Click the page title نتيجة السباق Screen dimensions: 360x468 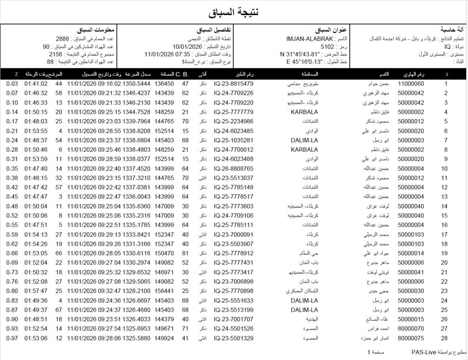click(x=234, y=12)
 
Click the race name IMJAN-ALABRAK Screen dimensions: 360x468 click(x=310, y=39)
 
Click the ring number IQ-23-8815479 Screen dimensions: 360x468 click(x=234, y=84)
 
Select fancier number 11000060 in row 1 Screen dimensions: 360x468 click(x=411, y=84)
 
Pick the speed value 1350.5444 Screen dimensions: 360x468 click(x=136, y=84)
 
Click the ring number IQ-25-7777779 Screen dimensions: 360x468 click(x=234, y=112)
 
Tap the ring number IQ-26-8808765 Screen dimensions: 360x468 click(x=234, y=168)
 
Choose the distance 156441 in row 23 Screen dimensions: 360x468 click(x=164, y=291)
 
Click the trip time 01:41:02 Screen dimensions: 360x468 click(x=36, y=84)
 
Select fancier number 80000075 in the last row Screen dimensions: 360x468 click(x=411, y=338)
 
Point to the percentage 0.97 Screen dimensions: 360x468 click(x=12, y=338)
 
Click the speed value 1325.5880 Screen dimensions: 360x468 click(x=136, y=338)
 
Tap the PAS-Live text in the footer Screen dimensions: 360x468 click(x=423, y=352)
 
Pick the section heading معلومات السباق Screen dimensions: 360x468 click(x=96, y=30)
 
